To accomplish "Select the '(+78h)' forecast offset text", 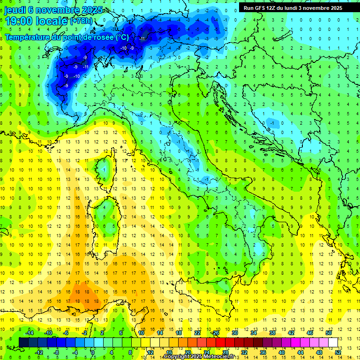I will (81, 21).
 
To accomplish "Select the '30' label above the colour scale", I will (235, 333).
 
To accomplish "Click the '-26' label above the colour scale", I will (215, 333).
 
